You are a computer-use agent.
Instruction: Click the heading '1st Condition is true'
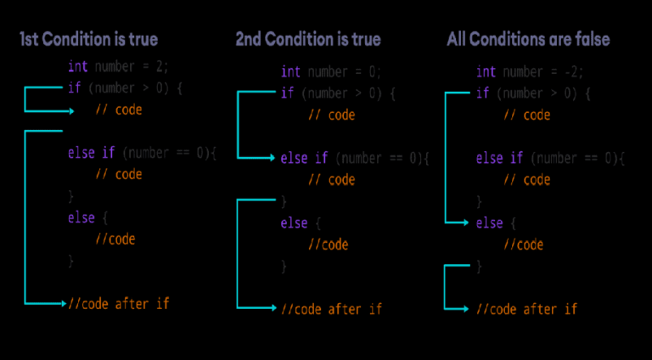(89, 39)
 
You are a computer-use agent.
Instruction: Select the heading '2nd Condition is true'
(308, 39)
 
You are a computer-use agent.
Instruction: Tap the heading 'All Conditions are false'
(528, 39)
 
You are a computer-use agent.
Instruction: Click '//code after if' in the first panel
(124, 303)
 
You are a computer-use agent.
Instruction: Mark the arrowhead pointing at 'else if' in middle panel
(273, 158)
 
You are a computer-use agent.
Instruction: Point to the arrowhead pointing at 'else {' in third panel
(466, 222)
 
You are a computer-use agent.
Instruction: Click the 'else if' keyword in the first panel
(92, 153)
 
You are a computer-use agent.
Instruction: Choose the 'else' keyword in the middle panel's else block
(294, 223)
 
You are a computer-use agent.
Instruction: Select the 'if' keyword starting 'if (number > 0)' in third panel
(482, 93)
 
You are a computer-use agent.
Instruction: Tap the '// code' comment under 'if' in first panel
(118, 110)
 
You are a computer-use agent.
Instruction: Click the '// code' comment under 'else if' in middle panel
(330, 179)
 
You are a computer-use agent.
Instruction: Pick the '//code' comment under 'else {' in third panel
(523, 245)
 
